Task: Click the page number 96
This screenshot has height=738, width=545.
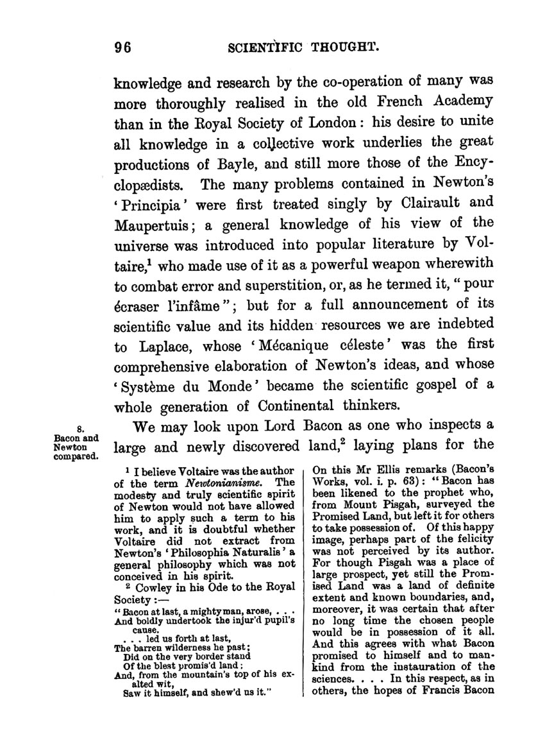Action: pyautogui.click(x=122, y=47)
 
